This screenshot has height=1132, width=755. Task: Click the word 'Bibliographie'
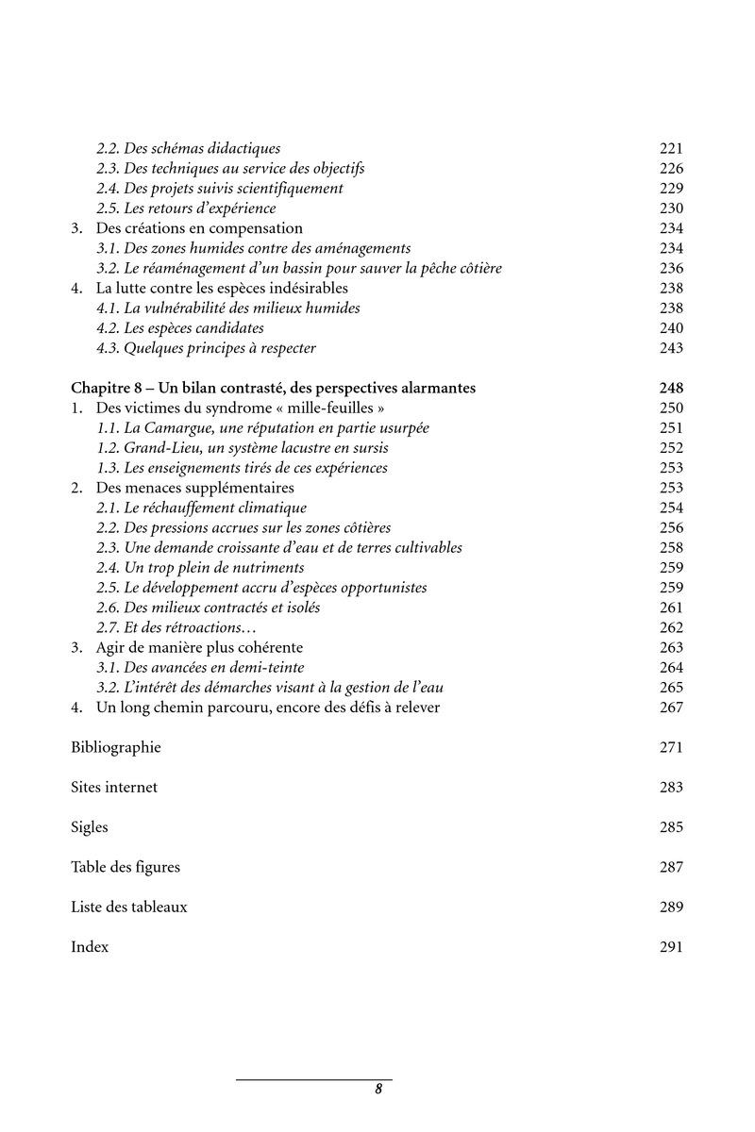click(x=116, y=747)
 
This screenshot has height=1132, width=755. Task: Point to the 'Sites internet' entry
click(x=114, y=787)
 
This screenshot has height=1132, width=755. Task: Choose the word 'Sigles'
click(x=90, y=827)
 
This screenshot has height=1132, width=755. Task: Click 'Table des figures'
click(x=126, y=867)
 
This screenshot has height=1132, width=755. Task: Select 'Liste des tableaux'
click(x=129, y=907)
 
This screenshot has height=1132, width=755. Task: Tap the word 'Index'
click(x=90, y=946)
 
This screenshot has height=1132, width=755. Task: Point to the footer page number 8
click(x=378, y=1089)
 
